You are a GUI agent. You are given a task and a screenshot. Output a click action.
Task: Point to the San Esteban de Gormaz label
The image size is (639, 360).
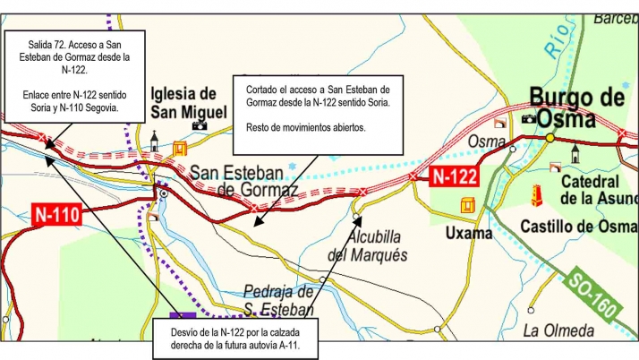(x=243, y=181)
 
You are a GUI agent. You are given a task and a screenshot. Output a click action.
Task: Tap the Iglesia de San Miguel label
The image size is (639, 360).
(x=184, y=101)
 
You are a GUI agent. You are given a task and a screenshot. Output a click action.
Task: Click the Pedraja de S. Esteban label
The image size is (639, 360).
(x=280, y=300)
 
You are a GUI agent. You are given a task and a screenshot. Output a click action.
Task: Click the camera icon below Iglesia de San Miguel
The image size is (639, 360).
(x=200, y=124)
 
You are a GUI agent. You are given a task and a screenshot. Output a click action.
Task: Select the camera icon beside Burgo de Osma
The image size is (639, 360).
(x=529, y=117)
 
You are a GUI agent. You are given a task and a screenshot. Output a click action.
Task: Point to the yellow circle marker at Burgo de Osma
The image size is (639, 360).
(x=550, y=137)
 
